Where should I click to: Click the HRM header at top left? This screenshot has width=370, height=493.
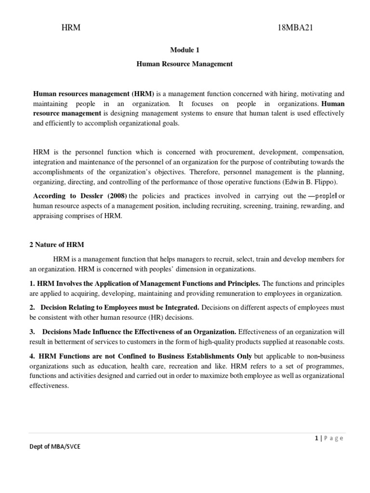pyautogui.click(x=71, y=28)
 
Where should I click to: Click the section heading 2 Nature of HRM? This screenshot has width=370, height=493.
pyautogui.click(x=57, y=245)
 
